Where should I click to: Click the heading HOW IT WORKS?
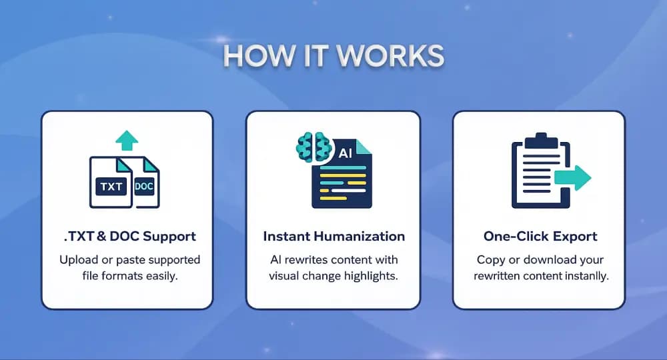point(333,57)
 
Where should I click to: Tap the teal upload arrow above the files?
point(127,140)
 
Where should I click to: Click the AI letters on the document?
point(346,153)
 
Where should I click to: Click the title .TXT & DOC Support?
point(127,237)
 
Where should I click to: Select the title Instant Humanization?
point(333,237)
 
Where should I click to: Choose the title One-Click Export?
point(540,237)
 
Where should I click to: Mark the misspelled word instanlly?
point(585,275)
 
